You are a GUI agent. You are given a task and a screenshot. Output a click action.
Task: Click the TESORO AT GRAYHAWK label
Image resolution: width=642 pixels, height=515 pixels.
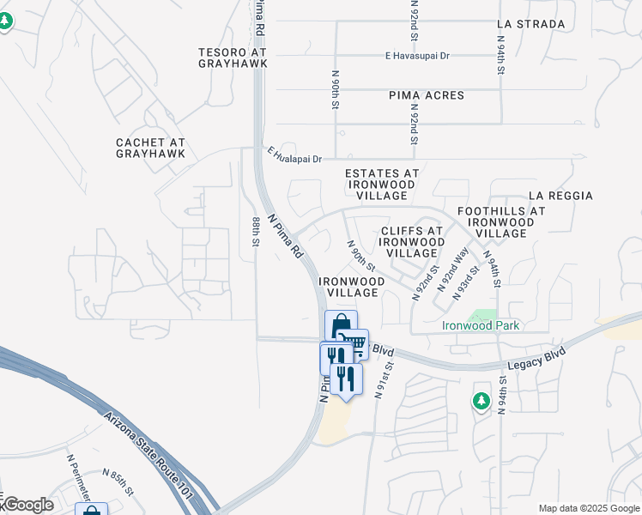(233, 57)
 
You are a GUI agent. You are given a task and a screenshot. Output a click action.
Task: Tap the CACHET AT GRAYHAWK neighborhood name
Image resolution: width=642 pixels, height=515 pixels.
(150, 148)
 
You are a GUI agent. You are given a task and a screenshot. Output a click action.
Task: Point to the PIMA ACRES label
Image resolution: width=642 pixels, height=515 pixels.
(426, 95)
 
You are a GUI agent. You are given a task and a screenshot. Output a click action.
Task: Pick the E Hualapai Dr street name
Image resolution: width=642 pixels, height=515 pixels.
(294, 156)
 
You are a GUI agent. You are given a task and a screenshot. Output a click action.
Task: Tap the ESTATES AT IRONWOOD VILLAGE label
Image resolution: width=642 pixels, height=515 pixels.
(382, 185)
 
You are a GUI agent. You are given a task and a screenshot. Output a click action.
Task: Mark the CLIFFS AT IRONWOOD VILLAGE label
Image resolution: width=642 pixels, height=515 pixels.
(412, 242)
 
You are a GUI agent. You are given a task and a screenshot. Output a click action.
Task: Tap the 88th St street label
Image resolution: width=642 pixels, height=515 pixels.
(256, 232)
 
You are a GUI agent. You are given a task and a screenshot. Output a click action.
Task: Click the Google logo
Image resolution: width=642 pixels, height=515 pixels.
(28, 505)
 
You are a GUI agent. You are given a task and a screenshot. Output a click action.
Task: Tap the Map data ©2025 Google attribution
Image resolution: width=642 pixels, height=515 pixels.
(588, 508)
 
